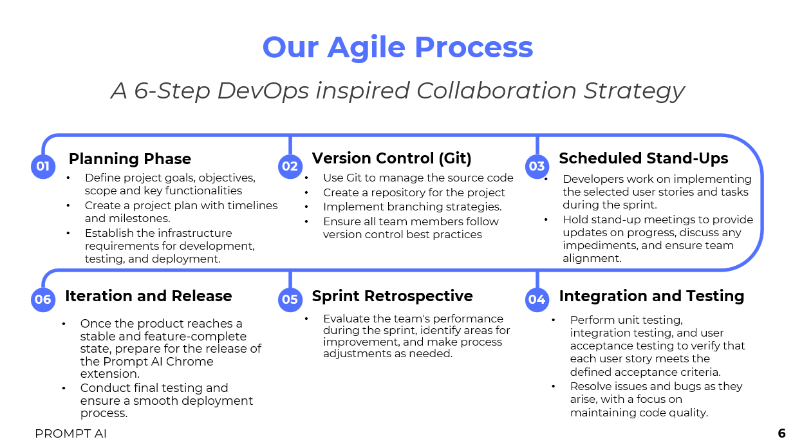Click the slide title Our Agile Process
398,48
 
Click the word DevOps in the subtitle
263,91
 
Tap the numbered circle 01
43,166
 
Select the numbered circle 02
290,166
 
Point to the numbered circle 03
537,166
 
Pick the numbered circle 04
537,299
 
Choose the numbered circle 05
290,299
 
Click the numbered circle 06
43,299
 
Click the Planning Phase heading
130,159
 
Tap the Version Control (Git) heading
391,158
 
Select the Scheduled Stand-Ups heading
644,158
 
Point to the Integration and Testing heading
651,296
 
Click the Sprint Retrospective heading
392,296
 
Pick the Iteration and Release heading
148,296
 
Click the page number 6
781,433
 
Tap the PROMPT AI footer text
70,433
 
